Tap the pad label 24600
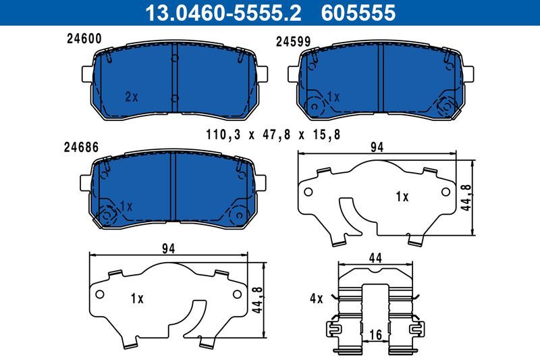click(x=84, y=39)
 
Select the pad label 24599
click(x=293, y=41)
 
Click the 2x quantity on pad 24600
click(x=131, y=97)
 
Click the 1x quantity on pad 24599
click(x=333, y=97)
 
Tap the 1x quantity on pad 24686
click(x=125, y=205)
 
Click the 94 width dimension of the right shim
click(x=377, y=149)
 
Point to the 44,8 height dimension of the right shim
click(x=466, y=198)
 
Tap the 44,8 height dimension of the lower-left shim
click(x=257, y=297)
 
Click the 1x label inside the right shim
click(x=402, y=197)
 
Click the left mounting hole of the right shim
click(x=309, y=192)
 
